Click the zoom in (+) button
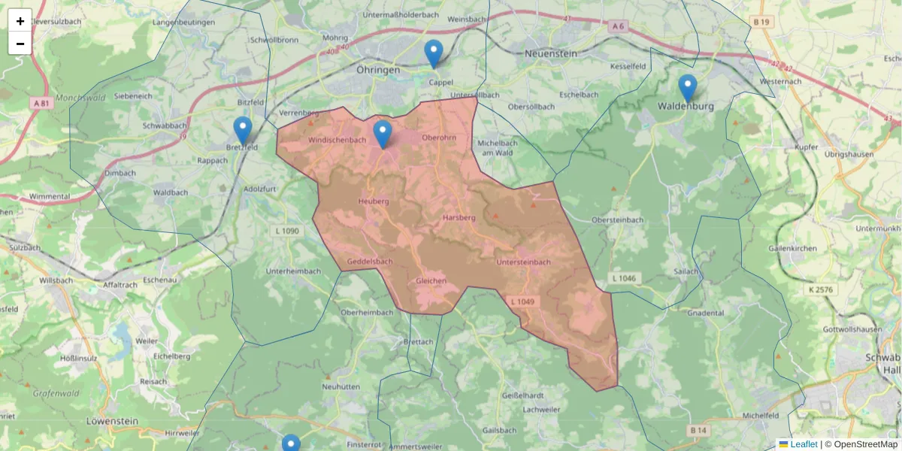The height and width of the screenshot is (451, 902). (x=20, y=21)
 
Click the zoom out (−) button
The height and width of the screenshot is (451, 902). (x=20, y=44)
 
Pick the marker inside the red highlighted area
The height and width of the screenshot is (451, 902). (x=383, y=134)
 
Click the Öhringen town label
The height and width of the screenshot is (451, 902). (x=378, y=69)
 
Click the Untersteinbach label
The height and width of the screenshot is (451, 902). (x=524, y=262)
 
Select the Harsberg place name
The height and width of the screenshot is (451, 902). (x=459, y=217)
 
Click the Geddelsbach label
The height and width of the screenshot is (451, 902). (x=370, y=262)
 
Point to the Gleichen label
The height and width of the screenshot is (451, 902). (x=431, y=280)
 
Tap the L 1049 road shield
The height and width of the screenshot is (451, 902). (x=522, y=302)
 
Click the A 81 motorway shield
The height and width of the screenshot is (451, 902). (x=41, y=102)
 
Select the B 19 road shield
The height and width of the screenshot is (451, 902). (x=761, y=23)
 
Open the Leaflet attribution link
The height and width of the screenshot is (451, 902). (x=804, y=444)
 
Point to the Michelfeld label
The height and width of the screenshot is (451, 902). (x=761, y=415)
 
